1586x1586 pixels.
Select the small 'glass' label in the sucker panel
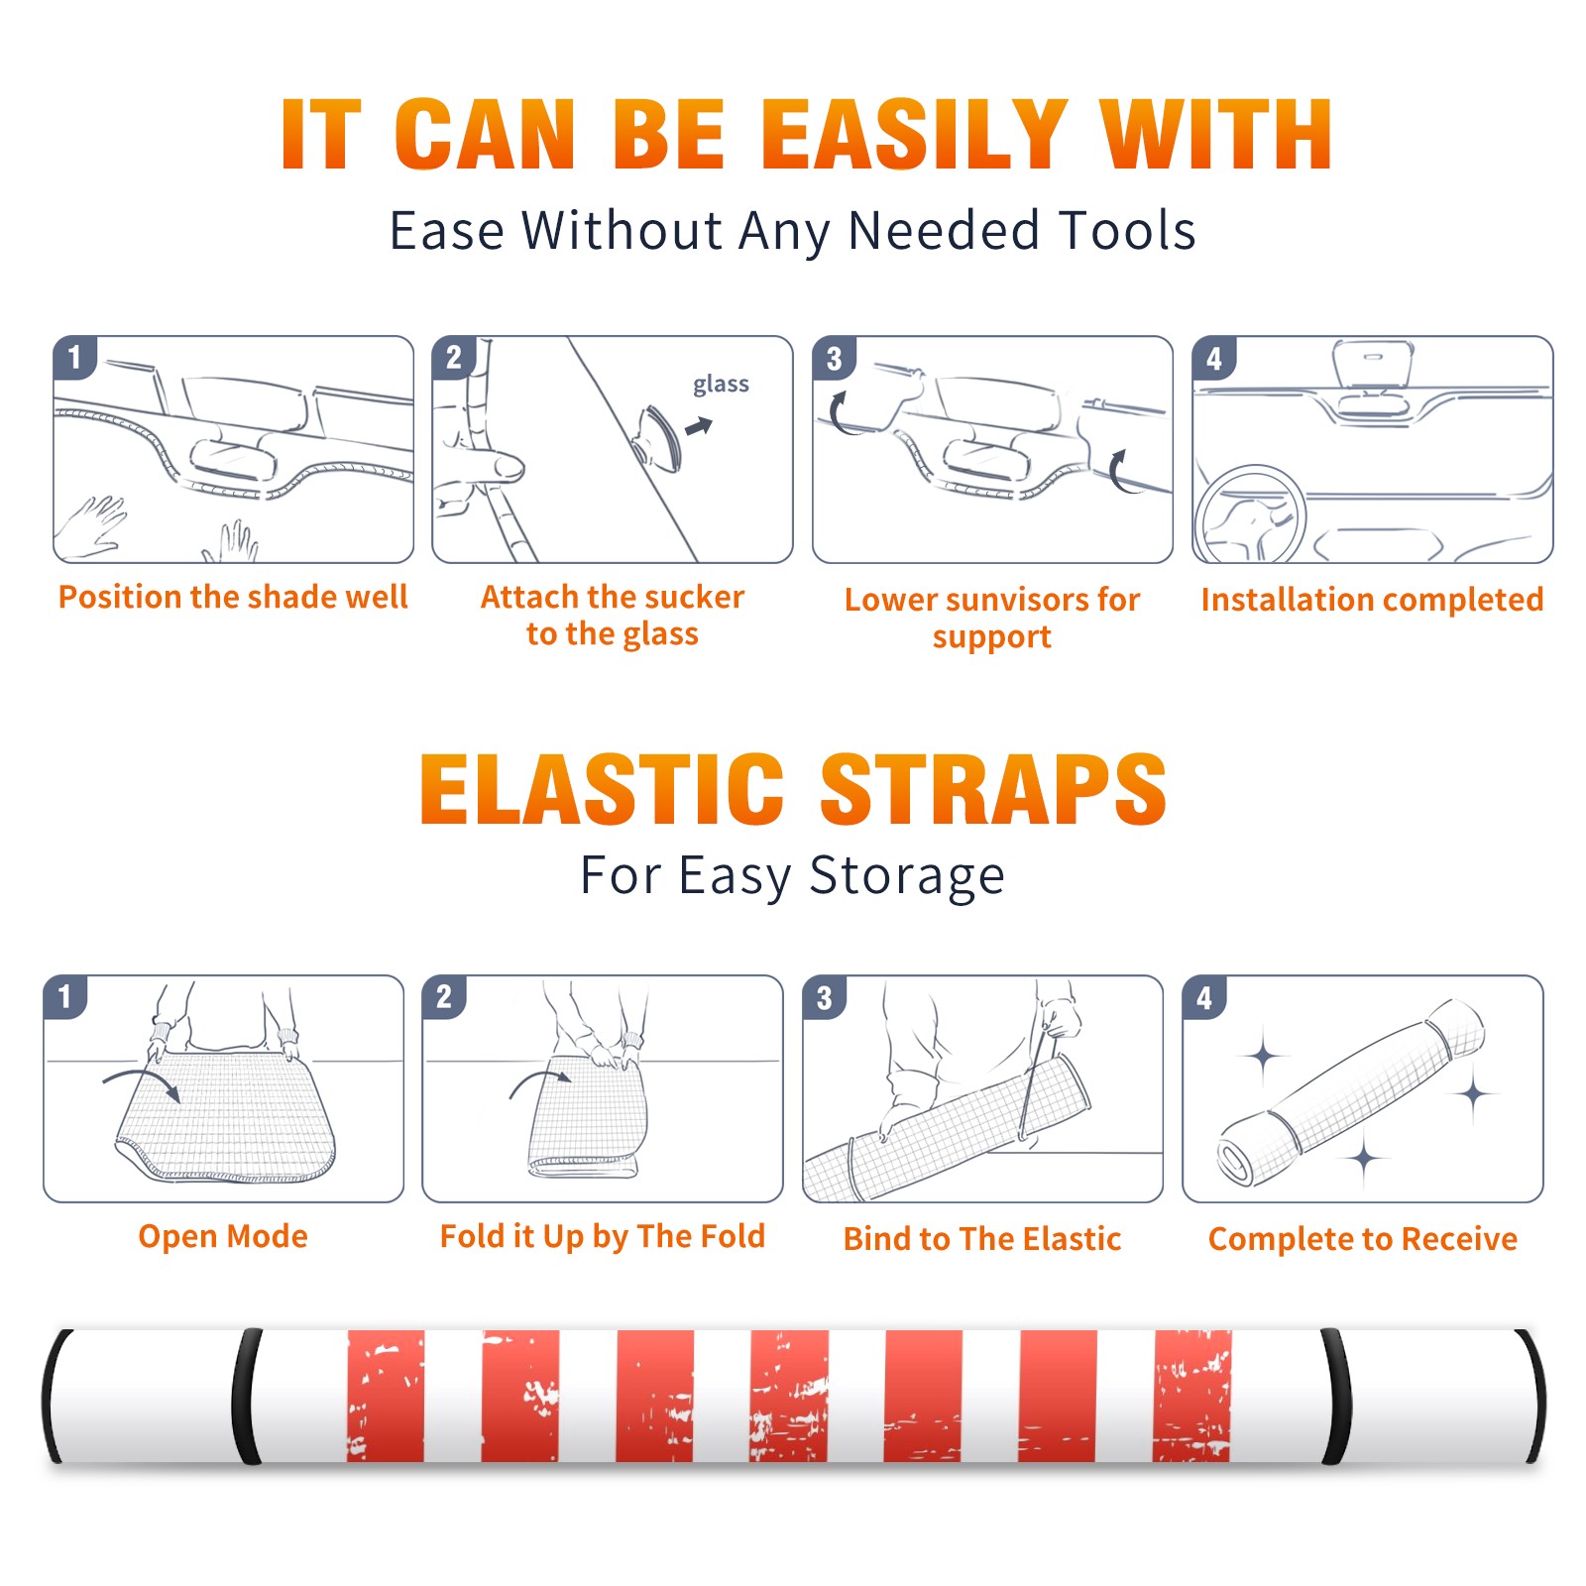[721, 385]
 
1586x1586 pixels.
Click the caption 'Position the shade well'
[233, 597]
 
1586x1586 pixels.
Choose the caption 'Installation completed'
[1372, 599]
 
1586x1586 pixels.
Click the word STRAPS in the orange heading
[993, 789]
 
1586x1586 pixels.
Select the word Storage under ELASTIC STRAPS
[907, 876]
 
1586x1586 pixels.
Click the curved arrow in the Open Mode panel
[143, 1083]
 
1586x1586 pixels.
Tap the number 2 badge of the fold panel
[443, 996]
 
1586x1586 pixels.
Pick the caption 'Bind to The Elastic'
[982, 1239]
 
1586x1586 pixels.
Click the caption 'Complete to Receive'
[1363, 1239]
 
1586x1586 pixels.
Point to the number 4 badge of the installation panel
[1214, 358]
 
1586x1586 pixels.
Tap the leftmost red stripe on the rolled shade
[386, 1395]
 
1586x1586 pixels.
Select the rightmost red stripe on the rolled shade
[1192, 1395]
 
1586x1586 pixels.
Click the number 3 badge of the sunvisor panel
[834, 358]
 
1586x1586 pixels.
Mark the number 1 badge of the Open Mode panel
[64, 996]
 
